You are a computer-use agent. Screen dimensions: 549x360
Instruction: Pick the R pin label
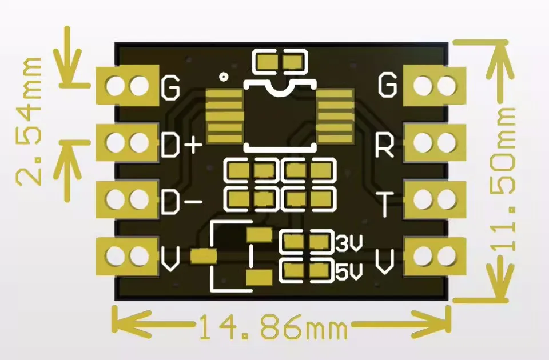click(385, 146)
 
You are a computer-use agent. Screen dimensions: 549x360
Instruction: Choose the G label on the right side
click(387, 85)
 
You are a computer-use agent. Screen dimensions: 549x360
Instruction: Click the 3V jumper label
click(348, 244)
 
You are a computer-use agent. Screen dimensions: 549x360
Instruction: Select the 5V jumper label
click(348, 273)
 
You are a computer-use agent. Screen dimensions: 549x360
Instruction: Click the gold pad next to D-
click(128, 199)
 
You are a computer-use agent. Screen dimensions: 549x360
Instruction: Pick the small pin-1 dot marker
click(224, 76)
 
